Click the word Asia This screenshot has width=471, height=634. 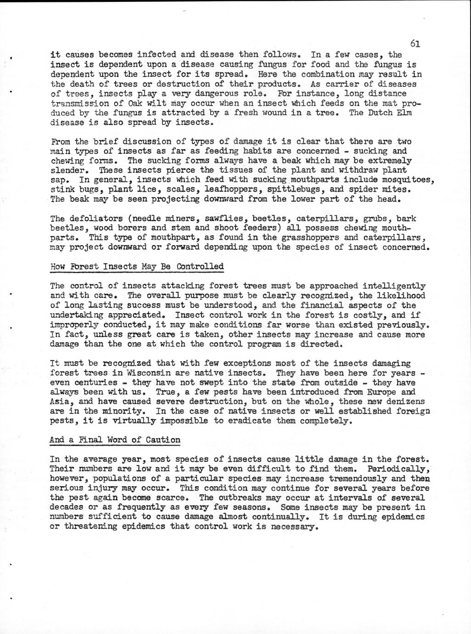pyautogui.click(x=60, y=402)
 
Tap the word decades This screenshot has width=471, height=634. pyautogui.click(x=67, y=508)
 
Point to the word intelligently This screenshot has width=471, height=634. pyautogui.click(x=393, y=286)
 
